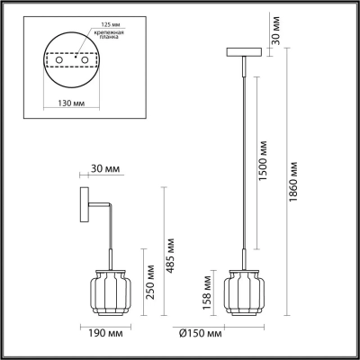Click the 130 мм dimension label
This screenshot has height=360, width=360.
point(71,103)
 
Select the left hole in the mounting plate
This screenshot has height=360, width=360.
point(59,60)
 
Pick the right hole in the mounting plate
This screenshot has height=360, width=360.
point(85,60)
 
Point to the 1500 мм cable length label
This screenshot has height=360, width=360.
point(263,160)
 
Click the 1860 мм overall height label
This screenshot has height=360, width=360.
point(293,182)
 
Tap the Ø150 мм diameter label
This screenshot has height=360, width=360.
point(201,333)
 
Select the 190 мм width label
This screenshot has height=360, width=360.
point(105,333)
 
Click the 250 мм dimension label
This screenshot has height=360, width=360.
point(149,282)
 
